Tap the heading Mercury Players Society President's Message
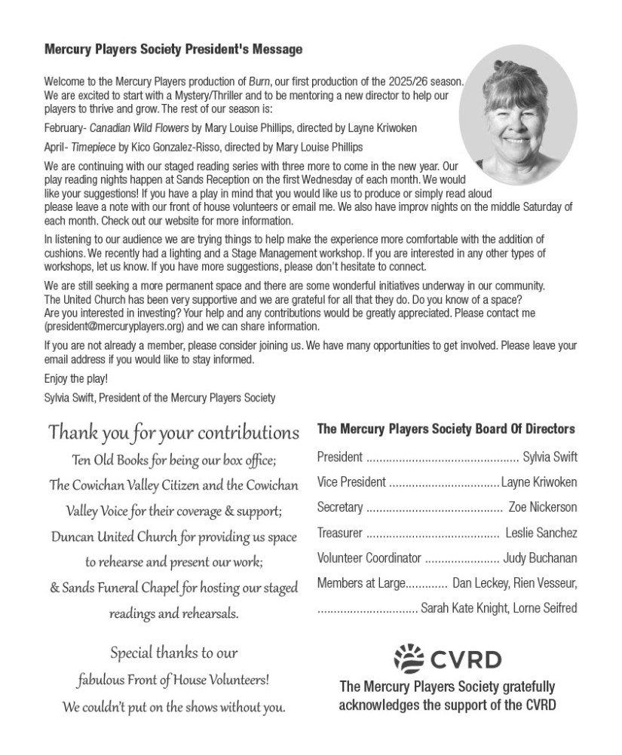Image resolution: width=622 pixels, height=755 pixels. click(x=173, y=50)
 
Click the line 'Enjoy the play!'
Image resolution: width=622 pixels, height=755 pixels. click(x=76, y=379)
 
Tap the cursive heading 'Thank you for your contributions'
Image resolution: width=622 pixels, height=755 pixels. click(x=174, y=433)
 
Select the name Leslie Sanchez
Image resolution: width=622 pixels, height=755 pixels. click(x=541, y=533)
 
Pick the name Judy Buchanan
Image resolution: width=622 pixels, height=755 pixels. click(x=541, y=558)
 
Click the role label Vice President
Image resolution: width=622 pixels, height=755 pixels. click(x=351, y=481)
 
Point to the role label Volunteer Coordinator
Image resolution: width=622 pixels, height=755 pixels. click(x=368, y=558)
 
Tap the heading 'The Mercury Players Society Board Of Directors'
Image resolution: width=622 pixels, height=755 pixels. click(x=446, y=429)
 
